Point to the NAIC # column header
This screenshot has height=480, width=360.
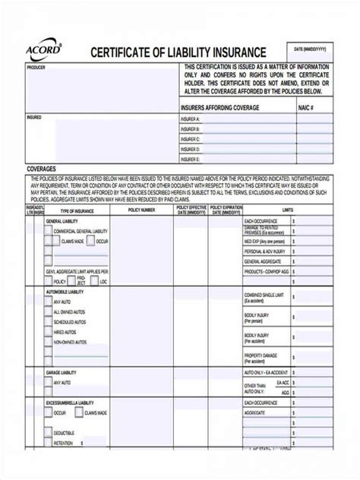[x=308, y=108]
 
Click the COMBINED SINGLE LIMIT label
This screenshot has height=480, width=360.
[x=265, y=295]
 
